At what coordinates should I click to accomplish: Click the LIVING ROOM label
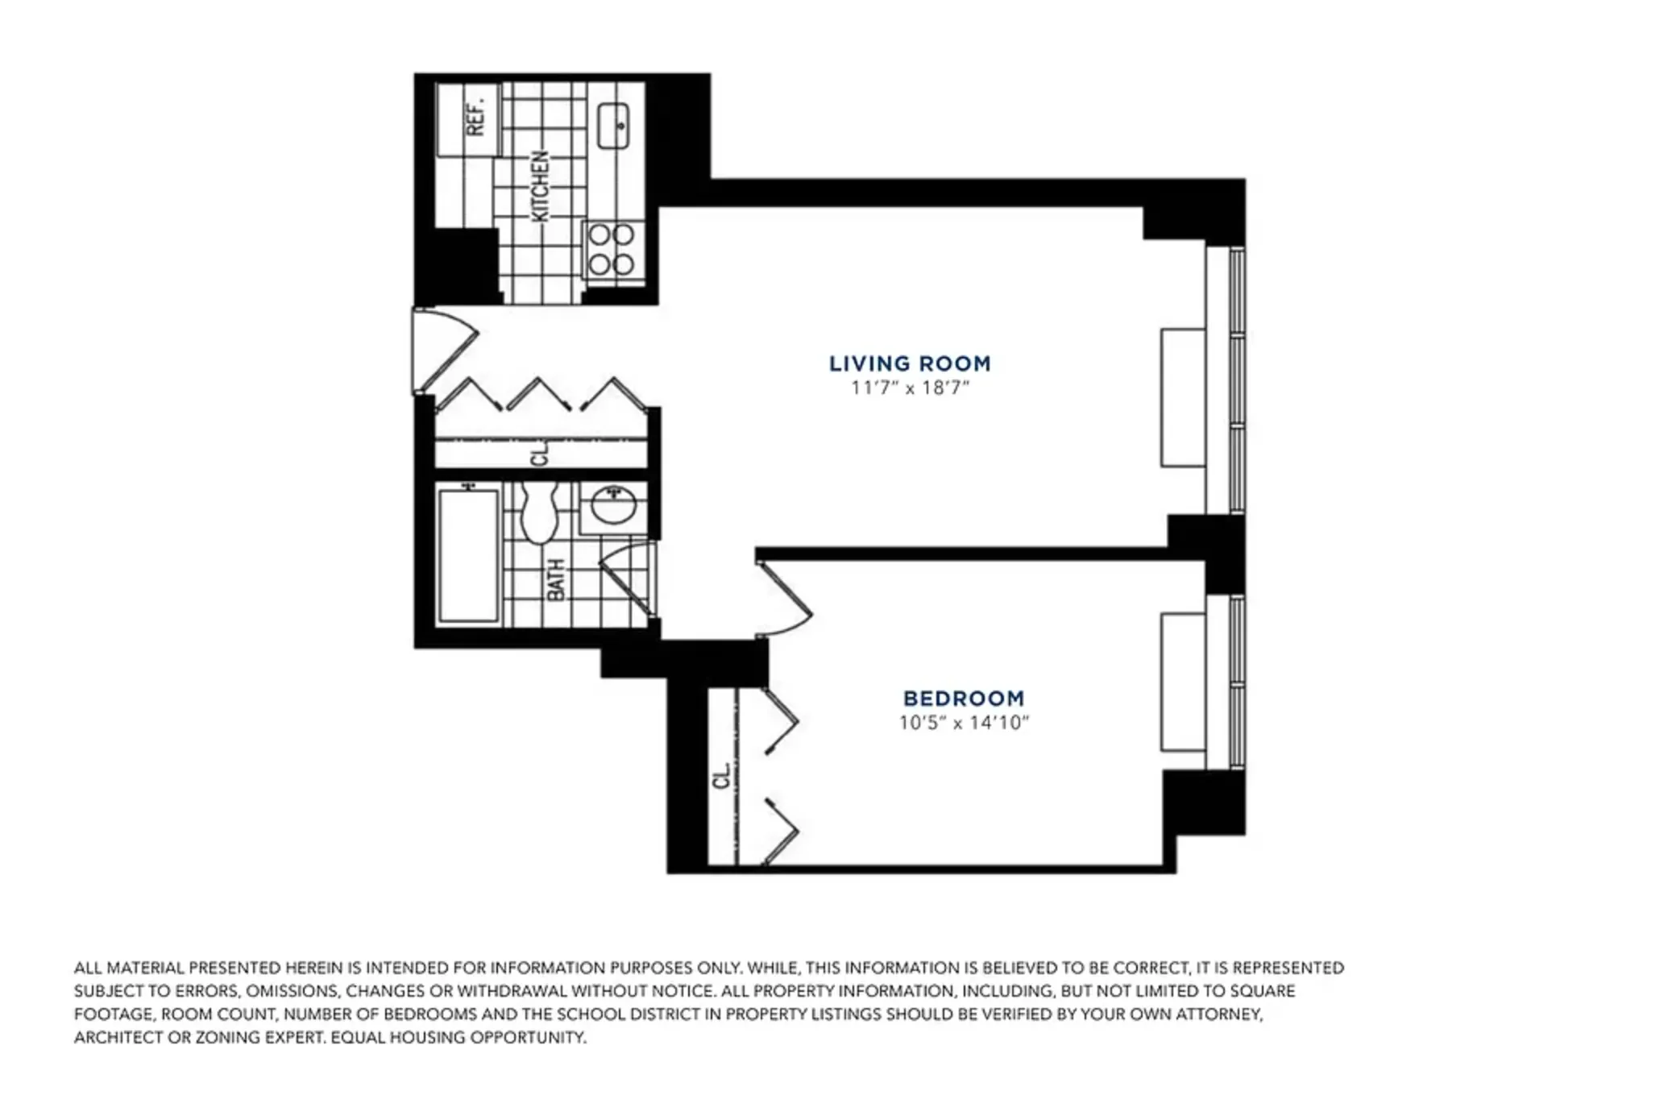pyautogui.click(x=910, y=363)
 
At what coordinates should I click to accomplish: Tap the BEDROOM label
pyautogui.click(x=963, y=699)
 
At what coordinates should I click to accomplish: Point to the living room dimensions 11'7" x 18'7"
pyautogui.click(x=910, y=388)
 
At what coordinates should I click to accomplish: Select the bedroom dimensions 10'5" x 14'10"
pyautogui.click(x=964, y=723)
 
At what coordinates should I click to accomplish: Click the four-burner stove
pyautogui.click(x=612, y=250)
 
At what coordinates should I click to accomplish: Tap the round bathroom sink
pyautogui.click(x=614, y=507)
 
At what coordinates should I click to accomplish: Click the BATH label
pyautogui.click(x=556, y=579)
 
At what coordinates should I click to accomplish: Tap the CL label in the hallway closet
pyautogui.click(x=540, y=453)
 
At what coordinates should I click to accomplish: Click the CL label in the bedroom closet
pyautogui.click(x=722, y=776)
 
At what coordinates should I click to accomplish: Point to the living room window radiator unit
pyautogui.click(x=1183, y=397)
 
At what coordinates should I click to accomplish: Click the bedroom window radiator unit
pyautogui.click(x=1183, y=682)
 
